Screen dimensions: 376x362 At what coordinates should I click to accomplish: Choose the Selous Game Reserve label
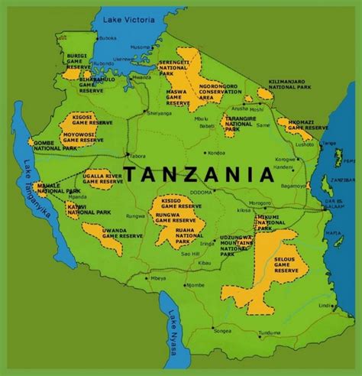[286, 264]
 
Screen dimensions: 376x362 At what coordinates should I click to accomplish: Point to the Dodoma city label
[201, 192]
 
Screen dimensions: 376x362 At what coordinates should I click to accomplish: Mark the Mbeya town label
[158, 277]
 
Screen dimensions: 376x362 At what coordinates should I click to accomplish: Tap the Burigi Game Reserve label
[78, 61]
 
